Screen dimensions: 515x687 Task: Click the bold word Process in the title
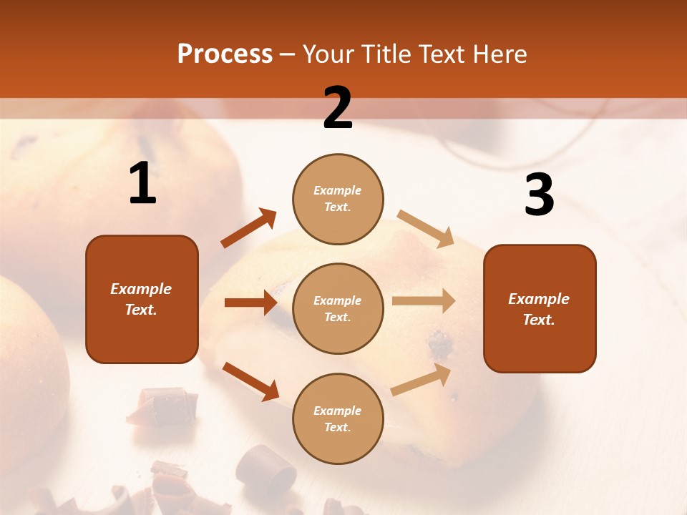(x=225, y=54)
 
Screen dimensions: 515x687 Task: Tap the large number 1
(x=142, y=185)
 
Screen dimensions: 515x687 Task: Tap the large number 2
(x=338, y=109)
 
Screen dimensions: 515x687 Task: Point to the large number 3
(x=539, y=195)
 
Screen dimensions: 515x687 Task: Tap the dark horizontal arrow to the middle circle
(x=250, y=303)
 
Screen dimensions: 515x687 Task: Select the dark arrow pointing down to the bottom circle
(x=250, y=381)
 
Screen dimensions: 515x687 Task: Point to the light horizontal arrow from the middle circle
(x=424, y=300)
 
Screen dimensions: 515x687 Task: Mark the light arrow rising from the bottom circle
(x=421, y=379)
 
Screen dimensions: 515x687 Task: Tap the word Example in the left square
(x=141, y=289)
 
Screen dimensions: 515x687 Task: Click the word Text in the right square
(x=537, y=320)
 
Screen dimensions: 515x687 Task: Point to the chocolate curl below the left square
(x=163, y=405)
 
